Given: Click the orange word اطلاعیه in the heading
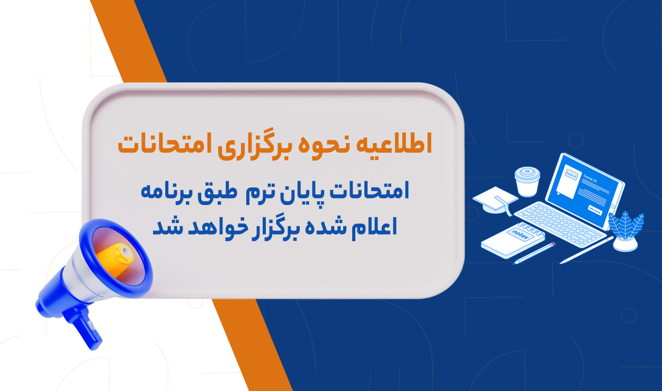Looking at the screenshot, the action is pyautogui.click(x=394, y=144).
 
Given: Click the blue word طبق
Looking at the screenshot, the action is pyautogui.click(x=218, y=192).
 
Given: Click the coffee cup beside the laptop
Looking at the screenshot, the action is pyautogui.click(x=527, y=181).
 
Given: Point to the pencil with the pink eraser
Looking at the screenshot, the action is pyautogui.click(x=534, y=253).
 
